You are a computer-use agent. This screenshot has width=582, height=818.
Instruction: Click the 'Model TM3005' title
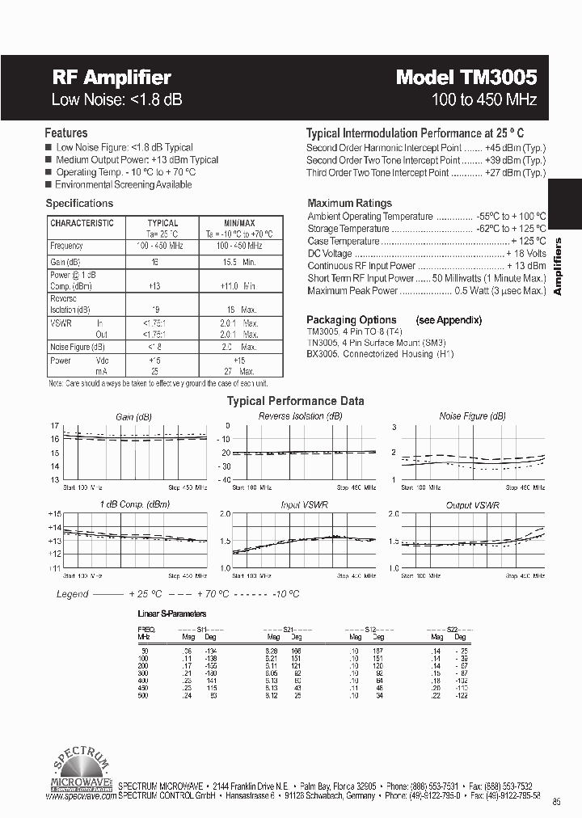pos(466,78)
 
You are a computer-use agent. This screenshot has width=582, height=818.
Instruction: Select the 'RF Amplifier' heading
pos(112,78)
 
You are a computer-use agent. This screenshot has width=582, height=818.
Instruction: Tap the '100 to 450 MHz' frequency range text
pos(484,100)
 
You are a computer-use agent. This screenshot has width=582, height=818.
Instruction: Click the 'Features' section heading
pos(66,133)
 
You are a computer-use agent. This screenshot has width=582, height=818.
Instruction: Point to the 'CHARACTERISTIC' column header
pos(82,223)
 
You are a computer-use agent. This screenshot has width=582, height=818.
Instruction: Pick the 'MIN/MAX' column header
pos(239,223)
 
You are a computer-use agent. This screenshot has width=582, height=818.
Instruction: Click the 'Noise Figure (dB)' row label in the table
pos(77,348)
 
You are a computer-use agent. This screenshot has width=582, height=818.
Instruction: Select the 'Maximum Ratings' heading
pos(350,204)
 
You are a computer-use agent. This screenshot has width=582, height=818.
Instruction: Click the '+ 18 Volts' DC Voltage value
pos(524,254)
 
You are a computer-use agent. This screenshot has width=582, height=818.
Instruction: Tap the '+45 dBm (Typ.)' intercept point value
pos(516,148)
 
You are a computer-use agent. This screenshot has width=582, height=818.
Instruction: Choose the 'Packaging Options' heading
pos(352,320)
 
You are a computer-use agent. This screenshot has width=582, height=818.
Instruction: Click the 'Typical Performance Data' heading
pos(295,401)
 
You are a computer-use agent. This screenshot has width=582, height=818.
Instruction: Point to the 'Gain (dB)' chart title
pos(133,417)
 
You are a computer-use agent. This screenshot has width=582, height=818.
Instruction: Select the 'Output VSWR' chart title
pos(473,505)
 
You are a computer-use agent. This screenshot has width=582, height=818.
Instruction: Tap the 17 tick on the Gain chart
pos(55,426)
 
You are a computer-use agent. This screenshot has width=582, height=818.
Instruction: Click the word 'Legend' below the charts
pos(72,594)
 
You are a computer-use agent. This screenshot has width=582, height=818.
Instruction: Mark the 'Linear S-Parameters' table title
pos(172,614)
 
